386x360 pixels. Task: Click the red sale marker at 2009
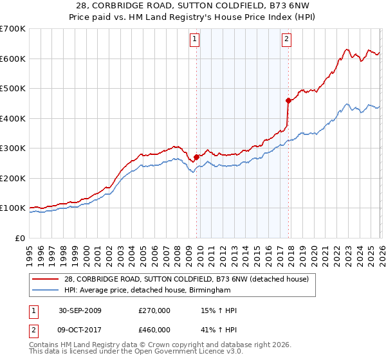point(196,157)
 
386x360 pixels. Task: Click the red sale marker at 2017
point(288,100)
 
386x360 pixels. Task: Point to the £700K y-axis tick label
point(12,29)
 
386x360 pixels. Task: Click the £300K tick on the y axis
point(12,148)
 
